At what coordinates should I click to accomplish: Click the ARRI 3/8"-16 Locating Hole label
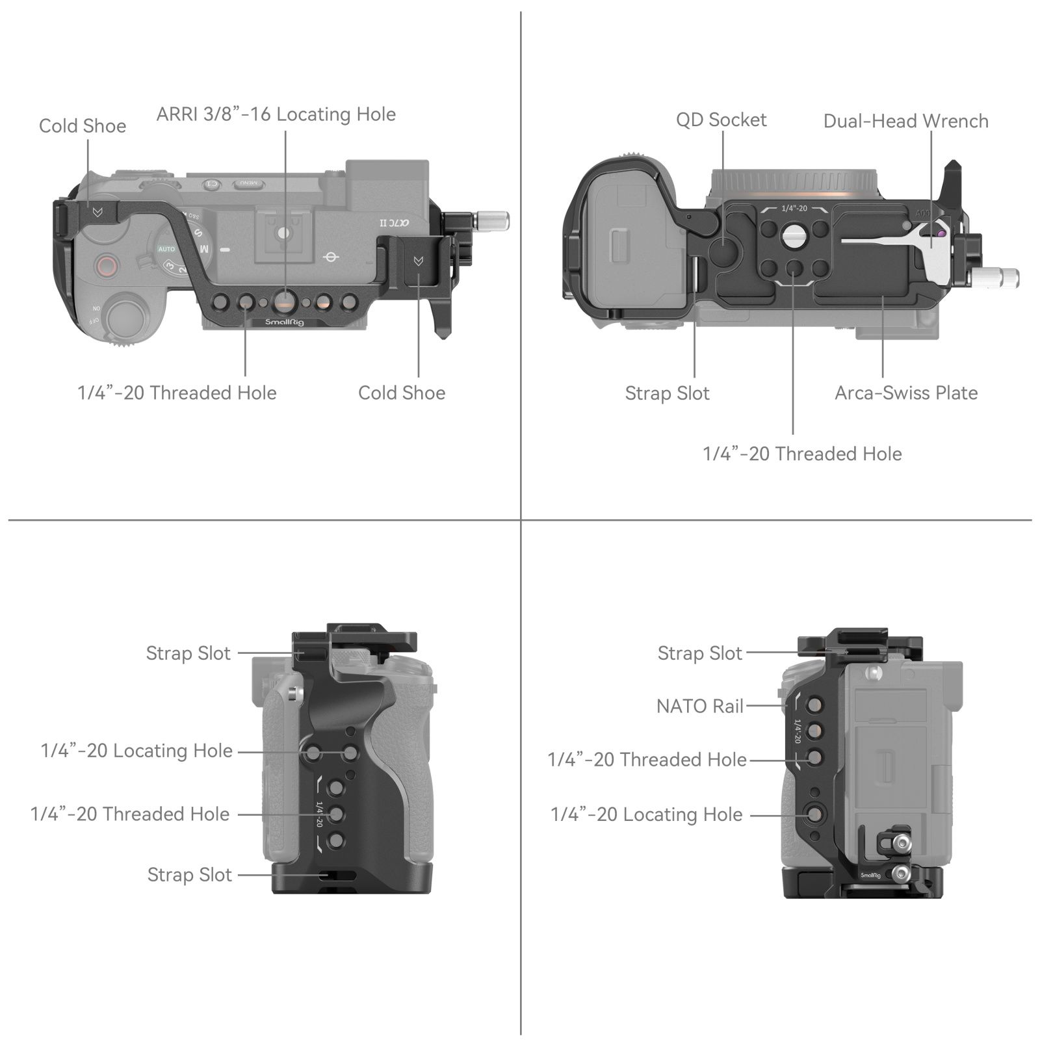coord(276,114)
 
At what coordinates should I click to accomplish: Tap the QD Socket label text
coord(721,120)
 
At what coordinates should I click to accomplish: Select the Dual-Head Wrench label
coord(905,122)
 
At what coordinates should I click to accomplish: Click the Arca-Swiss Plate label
coord(905,393)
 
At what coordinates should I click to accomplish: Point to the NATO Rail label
coord(699,707)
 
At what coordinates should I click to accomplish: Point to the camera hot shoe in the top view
coord(283,233)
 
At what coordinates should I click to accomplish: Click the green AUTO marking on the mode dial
coord(166,249)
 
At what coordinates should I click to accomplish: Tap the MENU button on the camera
coord(249,184)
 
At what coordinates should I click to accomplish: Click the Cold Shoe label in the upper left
coord(83,126)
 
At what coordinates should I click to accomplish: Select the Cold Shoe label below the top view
coord(402,393)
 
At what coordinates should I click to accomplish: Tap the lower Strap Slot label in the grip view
coord(189,875)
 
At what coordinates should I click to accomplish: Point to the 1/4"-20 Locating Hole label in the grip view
coord(136,751)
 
